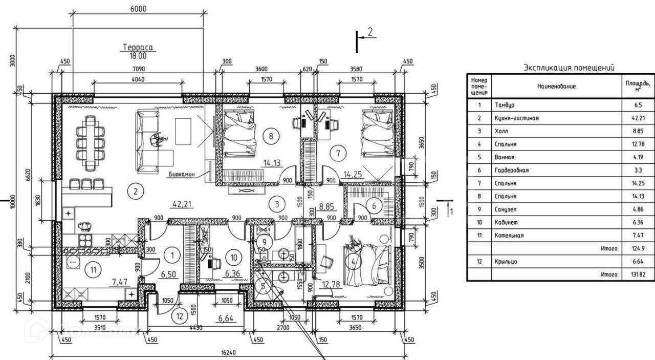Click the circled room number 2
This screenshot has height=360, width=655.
[135, 193]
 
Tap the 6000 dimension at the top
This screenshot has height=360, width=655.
[138, 9]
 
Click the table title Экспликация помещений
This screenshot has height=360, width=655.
[569, 68]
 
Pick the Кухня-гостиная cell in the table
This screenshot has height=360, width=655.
[516, 118]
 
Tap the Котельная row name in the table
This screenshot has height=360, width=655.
[509, 236]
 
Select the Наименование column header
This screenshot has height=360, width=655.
[556, 87]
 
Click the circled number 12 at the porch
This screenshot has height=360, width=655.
[180, 316]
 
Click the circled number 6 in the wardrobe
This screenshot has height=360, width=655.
[374, 206]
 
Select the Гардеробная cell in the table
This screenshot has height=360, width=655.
[511, 171]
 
